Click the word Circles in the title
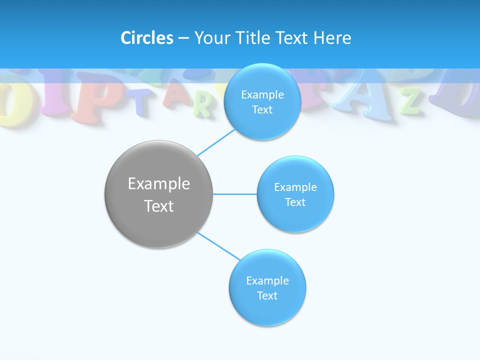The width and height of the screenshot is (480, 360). (147, 38)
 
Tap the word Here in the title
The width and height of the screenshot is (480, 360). (332, 38)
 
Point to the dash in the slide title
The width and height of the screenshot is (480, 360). (183, 38)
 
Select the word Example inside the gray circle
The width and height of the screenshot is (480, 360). (159, 183)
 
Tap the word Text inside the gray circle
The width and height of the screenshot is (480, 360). (159, 206)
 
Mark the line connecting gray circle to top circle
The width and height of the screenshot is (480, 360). (216, 142)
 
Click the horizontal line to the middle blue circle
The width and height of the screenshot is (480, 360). (235, 194)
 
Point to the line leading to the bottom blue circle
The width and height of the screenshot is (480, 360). (218, 246)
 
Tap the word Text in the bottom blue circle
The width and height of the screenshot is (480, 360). (267, 295)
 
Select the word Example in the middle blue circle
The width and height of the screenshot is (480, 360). (295, 187)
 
